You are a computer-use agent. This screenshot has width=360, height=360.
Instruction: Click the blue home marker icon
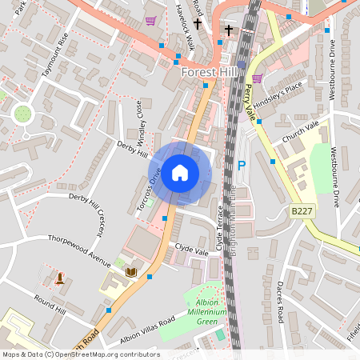tap(180, 173)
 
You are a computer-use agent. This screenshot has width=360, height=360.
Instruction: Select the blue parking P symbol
tap(242, 166)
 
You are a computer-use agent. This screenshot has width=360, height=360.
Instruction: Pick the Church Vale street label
tap(301, 132)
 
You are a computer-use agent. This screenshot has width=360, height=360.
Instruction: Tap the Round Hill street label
tap(50, 303)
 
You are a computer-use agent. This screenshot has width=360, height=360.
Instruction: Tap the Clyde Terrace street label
tap(220, 228)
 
